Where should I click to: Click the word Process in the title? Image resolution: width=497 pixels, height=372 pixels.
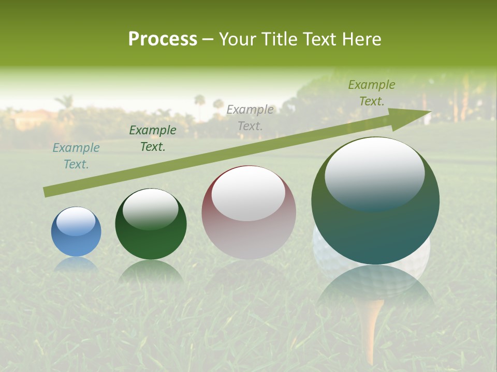[163, 39]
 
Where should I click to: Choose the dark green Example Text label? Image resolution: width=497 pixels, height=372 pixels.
[153, 138]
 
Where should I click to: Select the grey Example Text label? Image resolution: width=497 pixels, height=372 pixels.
[250, 117]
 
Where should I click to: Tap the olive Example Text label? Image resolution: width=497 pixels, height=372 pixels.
[372, 93]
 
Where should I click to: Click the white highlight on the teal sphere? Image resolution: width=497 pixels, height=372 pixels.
[374, 173]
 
